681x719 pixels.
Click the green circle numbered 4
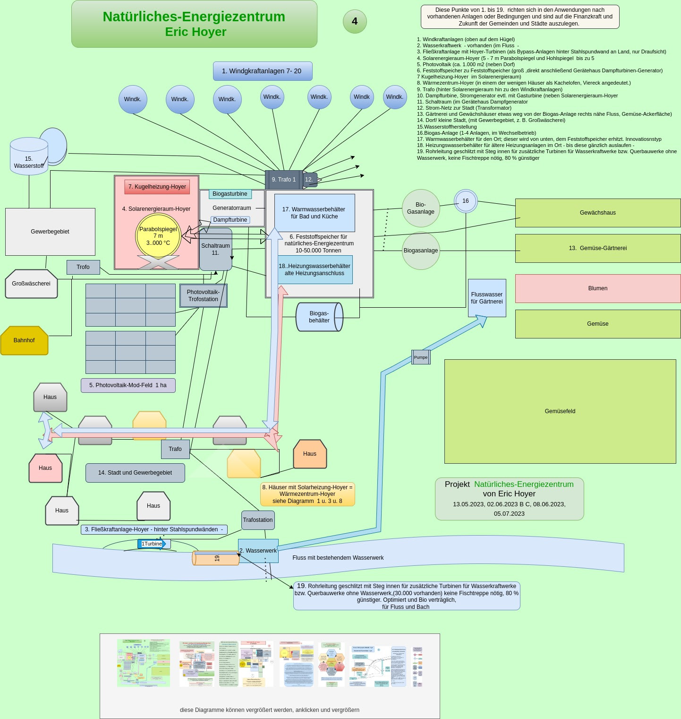point(355,21)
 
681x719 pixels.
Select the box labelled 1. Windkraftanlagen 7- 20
point(262,71)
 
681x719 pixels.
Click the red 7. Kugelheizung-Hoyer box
point(157,187)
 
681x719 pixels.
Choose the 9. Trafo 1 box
point(283,180)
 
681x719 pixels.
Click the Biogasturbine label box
point(230,194)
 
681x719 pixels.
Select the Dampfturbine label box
point(230,220)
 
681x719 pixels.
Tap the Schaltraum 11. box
point(215,249)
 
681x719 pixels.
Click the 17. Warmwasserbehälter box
point(314,213)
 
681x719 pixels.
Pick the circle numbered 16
point(466,201)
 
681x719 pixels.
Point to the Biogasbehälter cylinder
point(319,317)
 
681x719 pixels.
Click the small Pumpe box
point(421,357)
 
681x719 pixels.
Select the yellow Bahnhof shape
point(24,340)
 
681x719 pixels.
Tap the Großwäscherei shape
point(31,284)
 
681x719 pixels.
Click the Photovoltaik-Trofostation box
point(203,295)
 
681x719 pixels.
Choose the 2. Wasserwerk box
point(258,551)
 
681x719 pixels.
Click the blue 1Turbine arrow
point(152,544)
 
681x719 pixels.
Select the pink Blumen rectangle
point(597,288)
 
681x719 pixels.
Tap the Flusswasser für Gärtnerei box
point(487,298)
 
